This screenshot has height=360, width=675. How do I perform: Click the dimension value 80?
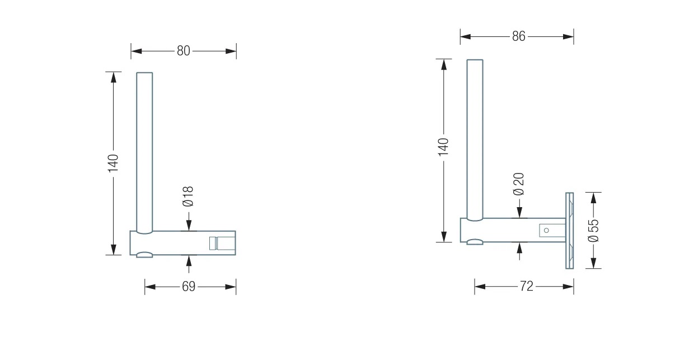(184, 51)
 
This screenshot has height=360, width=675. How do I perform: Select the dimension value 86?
(518, 37)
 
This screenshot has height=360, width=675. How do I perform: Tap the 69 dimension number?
(189, 287)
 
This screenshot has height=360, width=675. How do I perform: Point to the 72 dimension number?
(526, 287)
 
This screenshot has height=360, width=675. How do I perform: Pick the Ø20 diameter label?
(519, 184)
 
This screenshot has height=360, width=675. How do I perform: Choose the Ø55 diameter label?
(593, 230)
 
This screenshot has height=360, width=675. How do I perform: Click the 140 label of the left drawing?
(113, 162)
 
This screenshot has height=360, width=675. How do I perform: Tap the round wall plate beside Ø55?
(570, 230)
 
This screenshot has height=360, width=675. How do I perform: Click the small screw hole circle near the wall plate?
(547, 229)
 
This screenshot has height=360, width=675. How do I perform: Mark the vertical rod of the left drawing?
(144, 151)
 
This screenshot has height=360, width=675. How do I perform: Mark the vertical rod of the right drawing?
(475, 140)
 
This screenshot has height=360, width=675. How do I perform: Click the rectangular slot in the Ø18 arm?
(213, 243)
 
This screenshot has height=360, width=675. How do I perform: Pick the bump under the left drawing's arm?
(144, 255)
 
